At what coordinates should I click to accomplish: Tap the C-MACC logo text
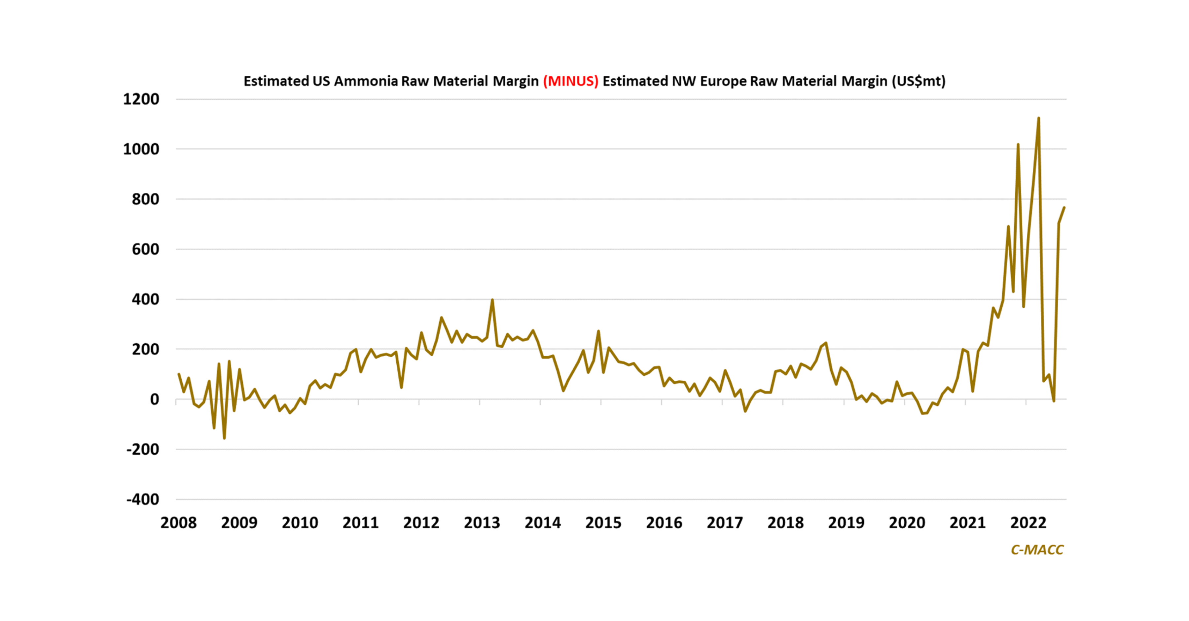pyautogui.click(x=1037, y=549)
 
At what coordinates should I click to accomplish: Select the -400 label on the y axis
pyautogui.click(x=143, y=499)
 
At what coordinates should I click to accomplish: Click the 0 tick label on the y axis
pyautogui.click(x=154, y=399)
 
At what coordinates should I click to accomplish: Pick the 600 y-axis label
pyautogui.click(x=145, y=249)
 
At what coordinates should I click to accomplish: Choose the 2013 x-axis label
pyautogui.click(x=482, y=523)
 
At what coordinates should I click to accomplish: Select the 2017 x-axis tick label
pyautogui.click(x=725, y=523)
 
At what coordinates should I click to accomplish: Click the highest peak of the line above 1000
pyautogui.click(x=1038, y=118)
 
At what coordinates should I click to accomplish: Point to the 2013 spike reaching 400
pyautogui.click(x=492, y=300)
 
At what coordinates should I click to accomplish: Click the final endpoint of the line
pyautogui.click(x=1064, y=208)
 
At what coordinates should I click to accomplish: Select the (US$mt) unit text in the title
pyautogui.click(x=919, y=81)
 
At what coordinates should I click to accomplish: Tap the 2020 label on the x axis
pyautogui.click(x=907, y=523)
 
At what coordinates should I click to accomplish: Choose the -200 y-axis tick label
pyautogui.click(x=143, y=449)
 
